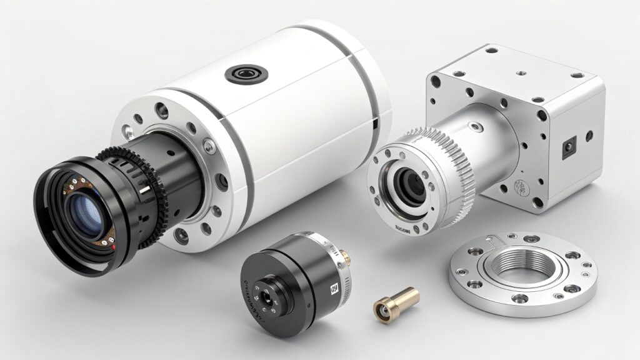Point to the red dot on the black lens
[x=114, y=248]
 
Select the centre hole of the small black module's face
[x=267, y=297]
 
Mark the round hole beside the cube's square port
[x=589, y=134]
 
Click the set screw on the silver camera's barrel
[x=478, y=128]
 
